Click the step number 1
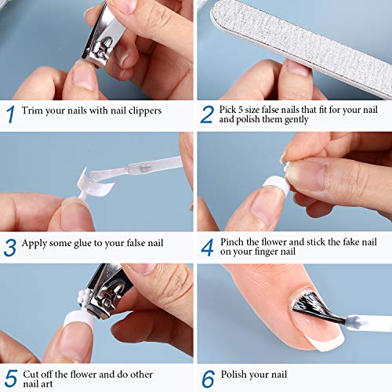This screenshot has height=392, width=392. [9, 115]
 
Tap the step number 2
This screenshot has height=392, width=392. [207, 115]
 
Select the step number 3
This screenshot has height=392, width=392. [10, 247]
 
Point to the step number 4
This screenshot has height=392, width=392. [207, 248]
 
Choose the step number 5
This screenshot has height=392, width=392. [9, 379]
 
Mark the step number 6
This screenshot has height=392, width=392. [208, 379]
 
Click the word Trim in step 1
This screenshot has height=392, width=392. [33, 111]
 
